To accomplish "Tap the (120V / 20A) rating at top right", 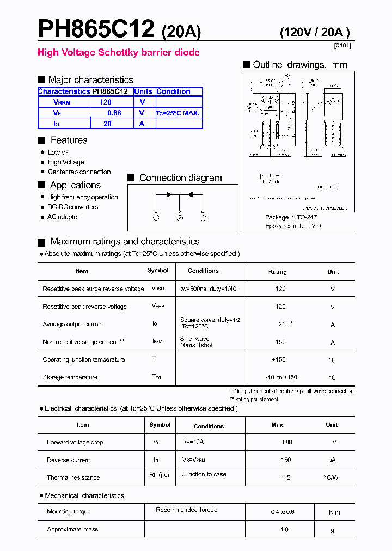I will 315,33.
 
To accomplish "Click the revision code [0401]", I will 342,45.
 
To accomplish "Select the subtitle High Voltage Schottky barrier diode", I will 118,53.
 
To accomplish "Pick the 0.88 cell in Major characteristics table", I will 114,113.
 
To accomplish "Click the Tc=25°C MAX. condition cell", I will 178,113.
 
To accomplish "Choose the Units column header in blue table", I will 144,91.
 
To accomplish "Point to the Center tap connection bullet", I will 79,172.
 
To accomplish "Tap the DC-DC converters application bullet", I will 72,207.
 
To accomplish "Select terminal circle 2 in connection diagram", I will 179,218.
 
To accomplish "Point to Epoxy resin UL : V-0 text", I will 293,226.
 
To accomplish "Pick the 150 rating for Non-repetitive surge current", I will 280,342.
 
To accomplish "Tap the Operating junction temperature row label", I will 84,359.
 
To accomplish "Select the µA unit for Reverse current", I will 332,460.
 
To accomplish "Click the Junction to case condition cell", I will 204,474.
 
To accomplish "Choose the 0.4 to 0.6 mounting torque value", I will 282,512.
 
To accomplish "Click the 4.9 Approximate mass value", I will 284,529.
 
